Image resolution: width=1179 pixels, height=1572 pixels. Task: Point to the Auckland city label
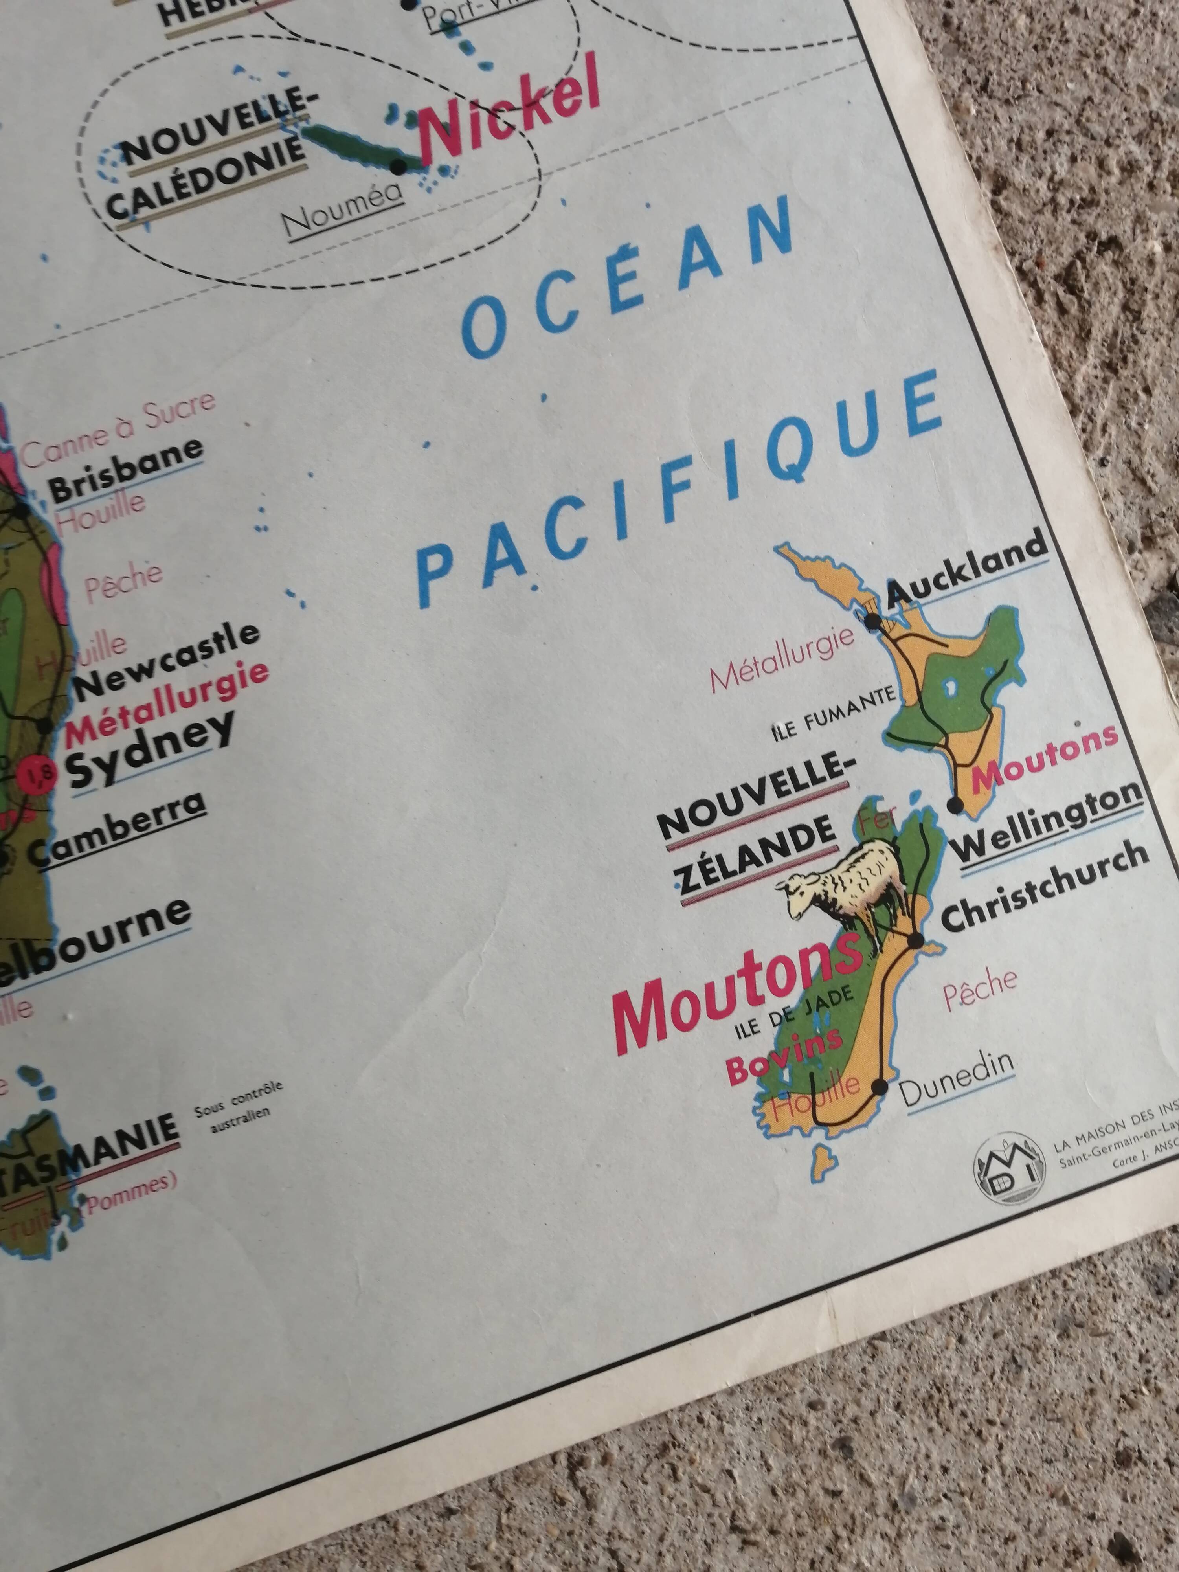(968, 571)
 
